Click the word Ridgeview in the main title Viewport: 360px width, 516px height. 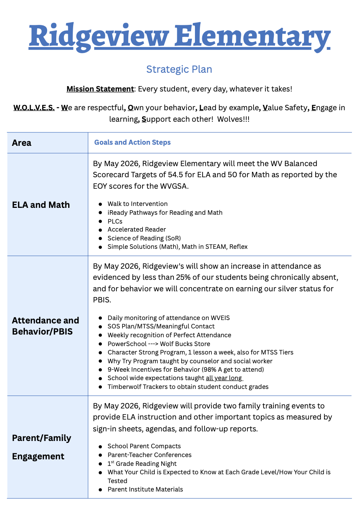pyautogui.click(x=99, y=37)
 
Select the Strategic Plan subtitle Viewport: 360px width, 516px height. pyautogui.click(x=179, y=69)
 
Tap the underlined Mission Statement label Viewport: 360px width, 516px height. pyautogui.click(x=100, y=89)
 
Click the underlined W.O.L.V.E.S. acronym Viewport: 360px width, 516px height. pyautogui.click(x=34, y=108)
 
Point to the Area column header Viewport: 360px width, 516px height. pyautogui.click(x=22, y=143)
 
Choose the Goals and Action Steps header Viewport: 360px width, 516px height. pyautogui.click(x=133, y=142)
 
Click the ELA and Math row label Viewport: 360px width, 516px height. pyautogui.click(x=41, y=205)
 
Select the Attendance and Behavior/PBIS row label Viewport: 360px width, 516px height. pyautogui.click(x=46, y=326)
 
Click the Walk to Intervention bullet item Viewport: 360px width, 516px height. pyautogui.click(x=137, y=204)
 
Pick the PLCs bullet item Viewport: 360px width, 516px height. pyautogui.click(x=115, y=221)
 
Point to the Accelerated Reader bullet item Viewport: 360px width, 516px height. pyautogui.click(x=137, y=229)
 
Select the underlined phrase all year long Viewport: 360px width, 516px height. pyautogui.click(x=224, y=378)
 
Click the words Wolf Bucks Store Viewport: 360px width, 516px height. pyautogui.click(x=185, y=344)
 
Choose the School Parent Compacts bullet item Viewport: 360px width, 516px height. pyautogui.click(x=144, y=446)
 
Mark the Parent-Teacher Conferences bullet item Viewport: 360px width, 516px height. pyautogui.click(x=149, y=455)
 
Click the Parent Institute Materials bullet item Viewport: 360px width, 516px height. pyautogui.click(x=145, y=489)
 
